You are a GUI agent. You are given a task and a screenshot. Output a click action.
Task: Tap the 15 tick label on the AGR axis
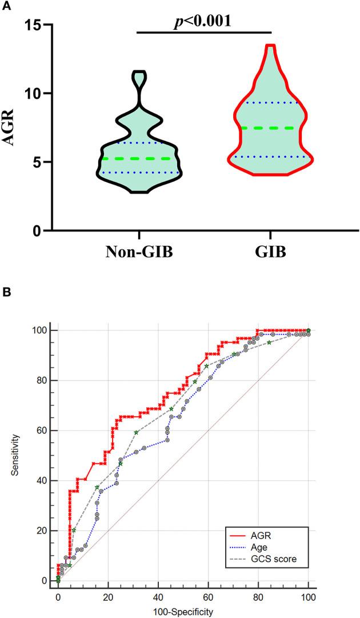[x=35, y=25]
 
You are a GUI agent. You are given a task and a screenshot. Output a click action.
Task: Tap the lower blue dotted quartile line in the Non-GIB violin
[x=139, y=173]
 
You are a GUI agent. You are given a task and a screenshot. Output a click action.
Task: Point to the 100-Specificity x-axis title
[x=183, y=611]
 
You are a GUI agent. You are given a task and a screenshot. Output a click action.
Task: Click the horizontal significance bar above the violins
[x=205, y=32]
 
